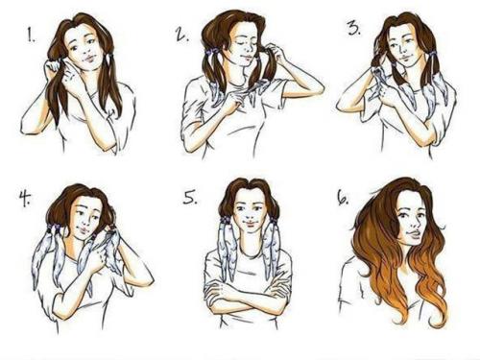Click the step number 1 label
pos(31,35)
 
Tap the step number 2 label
pos(181,35)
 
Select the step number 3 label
pos(354,29)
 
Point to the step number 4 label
pos(25,198)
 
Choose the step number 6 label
pos(343,199)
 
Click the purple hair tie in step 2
pos(212,51)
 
